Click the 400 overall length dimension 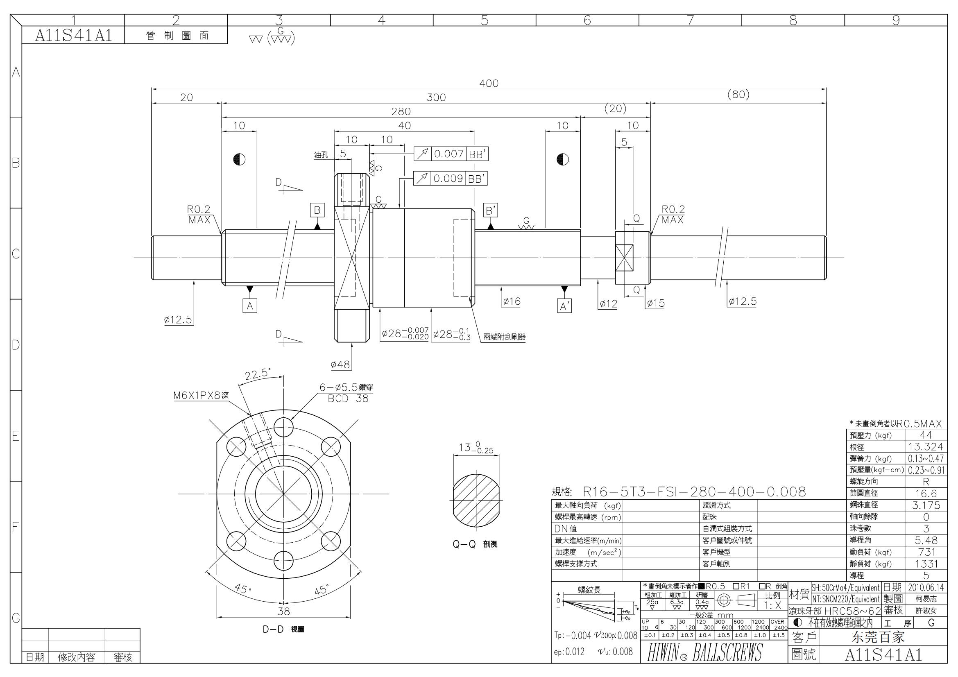[x=489, y=84]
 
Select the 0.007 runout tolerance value [x=449, y=154]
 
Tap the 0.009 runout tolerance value [x=448, y=179]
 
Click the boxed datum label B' [x=491, y=210]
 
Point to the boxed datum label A [x=249, y=306]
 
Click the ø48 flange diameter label [x=340, y=365]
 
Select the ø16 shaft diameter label [x=512, y=301]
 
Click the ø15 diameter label [x=655, y=303]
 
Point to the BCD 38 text [x=348, y=399]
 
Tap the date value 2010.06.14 [x=926, y=587]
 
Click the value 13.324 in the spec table [x=926, y=447]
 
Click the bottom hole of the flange [x=284, y=560]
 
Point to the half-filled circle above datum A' [x=562, y=159]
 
